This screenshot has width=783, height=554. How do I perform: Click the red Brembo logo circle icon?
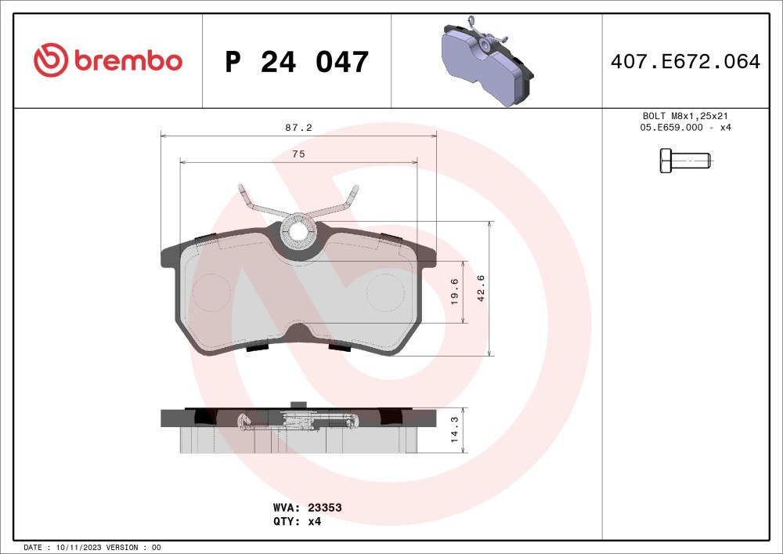coord(50,60)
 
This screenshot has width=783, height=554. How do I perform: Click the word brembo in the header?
coord(128,60)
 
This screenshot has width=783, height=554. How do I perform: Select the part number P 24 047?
coord(297,61)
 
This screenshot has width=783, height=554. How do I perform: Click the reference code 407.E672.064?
coord(686,61)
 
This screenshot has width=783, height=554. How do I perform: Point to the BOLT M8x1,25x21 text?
coord(685,116)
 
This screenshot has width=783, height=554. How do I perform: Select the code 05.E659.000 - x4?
coord(685,128)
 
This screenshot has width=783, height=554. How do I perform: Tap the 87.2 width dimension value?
coord(298,128)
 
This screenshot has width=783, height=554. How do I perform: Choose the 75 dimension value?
coord(298,154)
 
